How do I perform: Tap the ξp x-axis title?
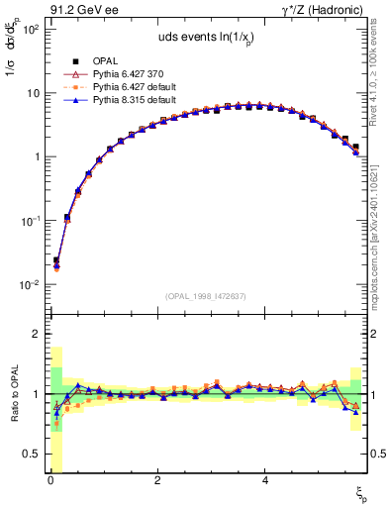[362, 495]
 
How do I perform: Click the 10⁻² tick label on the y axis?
[30, 284]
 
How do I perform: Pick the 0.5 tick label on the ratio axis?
[30, 454]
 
